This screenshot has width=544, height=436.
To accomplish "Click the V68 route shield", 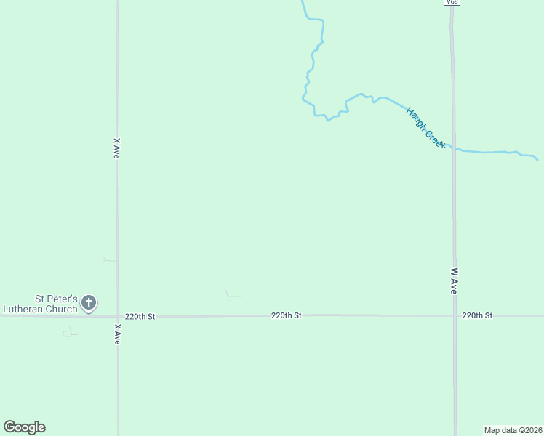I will pos(452,3).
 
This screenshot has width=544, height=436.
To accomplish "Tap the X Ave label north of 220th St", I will pos(116,148).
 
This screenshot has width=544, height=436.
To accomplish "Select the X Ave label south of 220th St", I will pos(116,334).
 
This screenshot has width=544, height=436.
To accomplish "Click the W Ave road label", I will pos(454,280).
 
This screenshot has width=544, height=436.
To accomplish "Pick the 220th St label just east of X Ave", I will pos(140,316).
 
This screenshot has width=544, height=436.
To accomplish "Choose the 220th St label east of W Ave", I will pos(477,315).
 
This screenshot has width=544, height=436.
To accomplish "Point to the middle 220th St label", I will pos(286,315).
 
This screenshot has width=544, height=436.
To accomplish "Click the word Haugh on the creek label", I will pos(416,118).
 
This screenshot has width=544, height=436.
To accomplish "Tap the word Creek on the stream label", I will pos(435,139).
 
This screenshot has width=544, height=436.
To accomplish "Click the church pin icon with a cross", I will pos(89,302).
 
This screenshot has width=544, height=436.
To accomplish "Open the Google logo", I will pos(24,427).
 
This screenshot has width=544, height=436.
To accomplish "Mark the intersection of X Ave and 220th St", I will pos(117,316).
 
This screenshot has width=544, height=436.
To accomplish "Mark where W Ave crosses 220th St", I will pos(455,315).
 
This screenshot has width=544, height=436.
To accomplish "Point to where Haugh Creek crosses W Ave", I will pos(452,148).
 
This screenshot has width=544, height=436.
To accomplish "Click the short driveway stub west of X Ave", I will pos(109,259).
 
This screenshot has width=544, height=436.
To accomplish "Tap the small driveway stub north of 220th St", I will pos(231,296).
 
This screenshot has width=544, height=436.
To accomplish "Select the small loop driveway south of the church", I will pos(69,333).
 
